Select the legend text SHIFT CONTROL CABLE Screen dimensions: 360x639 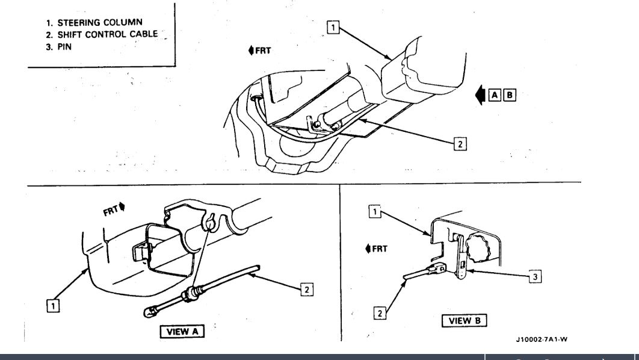coord(102,34)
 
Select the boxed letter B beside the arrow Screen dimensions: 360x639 coord(509,95)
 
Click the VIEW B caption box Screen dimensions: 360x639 coord(464,320)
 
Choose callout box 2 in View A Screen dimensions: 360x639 coord(306,289)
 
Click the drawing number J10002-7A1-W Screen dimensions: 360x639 coord(541,340)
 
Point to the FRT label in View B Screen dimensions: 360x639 coord(376,249)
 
